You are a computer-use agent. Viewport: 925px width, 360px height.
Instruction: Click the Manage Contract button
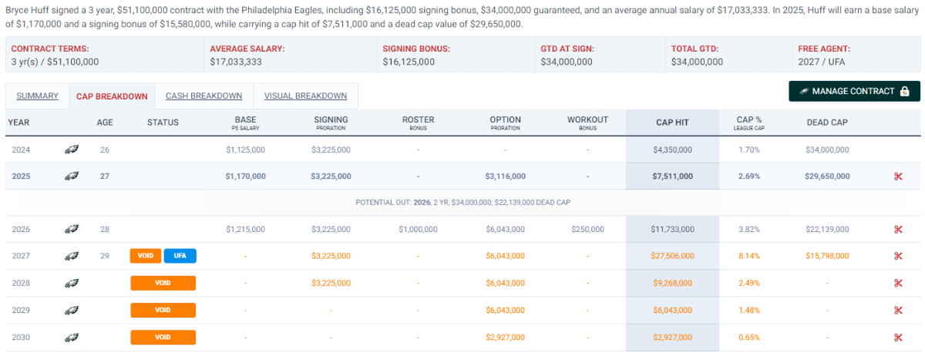[854, 91]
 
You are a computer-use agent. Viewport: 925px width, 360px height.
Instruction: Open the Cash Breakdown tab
[203, 96]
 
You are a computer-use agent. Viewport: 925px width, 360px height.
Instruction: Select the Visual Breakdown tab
[305, 96]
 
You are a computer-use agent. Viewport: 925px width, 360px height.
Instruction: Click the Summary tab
[37, 96]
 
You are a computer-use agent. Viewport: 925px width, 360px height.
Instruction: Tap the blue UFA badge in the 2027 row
[180, 256]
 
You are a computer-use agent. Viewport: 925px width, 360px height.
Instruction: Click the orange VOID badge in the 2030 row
[163, 337]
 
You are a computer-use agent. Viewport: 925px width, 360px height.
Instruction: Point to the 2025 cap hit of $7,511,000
[672, 177]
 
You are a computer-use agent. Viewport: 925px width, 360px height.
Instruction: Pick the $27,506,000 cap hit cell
[672, 256]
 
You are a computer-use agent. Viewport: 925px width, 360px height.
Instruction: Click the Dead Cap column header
[827, 122]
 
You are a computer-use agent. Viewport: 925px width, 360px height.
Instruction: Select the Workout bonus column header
[587, 122]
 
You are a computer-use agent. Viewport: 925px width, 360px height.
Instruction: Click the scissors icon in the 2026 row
[898, 229]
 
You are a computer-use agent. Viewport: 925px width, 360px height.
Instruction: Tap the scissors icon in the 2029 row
[898, 310]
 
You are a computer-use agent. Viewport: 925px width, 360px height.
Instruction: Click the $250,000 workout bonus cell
[587, 229]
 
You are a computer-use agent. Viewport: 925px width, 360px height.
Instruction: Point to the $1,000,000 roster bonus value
[418, 229]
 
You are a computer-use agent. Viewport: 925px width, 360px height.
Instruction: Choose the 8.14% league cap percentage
[749, 256]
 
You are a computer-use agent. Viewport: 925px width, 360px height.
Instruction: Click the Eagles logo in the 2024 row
[72, 150]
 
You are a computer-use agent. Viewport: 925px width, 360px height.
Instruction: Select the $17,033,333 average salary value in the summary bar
[236, 62]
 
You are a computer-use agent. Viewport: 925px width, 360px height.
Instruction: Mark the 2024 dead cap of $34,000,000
[827, 150]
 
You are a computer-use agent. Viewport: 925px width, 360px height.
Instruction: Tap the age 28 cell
[105, 229]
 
